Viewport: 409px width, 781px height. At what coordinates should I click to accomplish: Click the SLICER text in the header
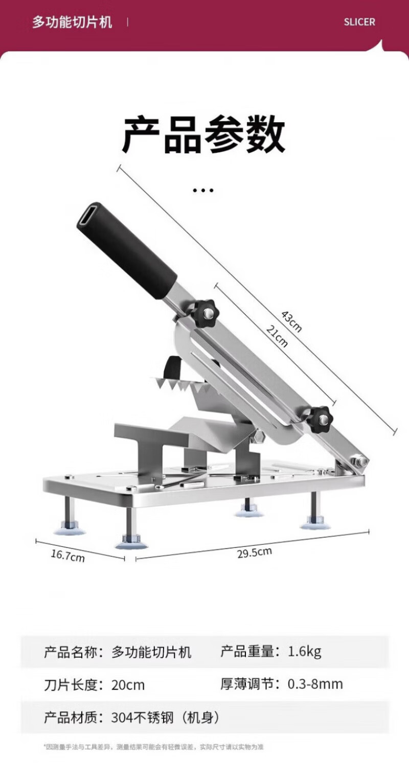pos(359,22)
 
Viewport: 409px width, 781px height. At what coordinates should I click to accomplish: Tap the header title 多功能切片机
pos(72,22)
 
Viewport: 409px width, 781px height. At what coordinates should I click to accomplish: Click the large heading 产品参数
pos(204,135)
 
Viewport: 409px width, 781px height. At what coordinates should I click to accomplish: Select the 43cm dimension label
pos(291,321)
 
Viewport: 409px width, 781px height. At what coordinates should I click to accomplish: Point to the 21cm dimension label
pos(277,336)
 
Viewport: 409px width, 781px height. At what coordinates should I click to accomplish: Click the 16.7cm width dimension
pos(67,556)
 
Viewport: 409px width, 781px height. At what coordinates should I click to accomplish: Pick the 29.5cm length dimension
pos(255,553)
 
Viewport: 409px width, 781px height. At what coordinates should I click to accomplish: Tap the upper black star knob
pos(202,313)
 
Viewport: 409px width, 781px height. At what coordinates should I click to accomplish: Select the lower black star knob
pos(320,420)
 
